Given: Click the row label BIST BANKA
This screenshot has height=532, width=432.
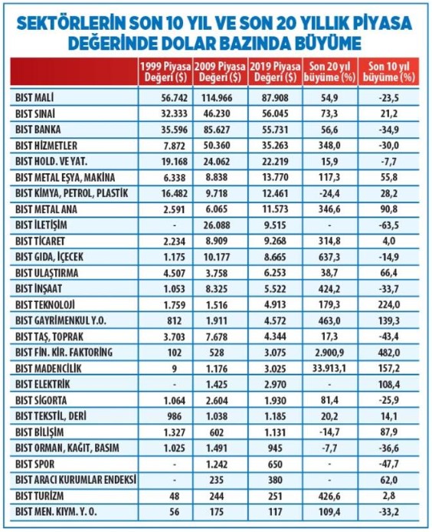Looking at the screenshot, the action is [x=38, y=130].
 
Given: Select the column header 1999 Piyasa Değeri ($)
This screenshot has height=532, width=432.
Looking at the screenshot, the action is [x=165, y=71].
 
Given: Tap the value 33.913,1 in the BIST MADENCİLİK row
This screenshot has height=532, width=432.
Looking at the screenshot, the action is [x=329, y=369].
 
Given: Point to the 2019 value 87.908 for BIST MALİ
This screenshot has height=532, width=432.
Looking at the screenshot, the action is [x=275, y=98].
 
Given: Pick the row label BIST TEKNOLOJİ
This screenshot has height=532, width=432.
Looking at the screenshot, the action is [x=45, y=305].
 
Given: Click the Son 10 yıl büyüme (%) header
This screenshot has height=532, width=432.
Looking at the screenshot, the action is [x=388, y=71].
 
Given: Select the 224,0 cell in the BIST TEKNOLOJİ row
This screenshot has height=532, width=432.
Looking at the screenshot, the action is [x=388, y=304].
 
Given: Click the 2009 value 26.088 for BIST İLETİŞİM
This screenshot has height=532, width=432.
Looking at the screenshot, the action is [x=217, y=225].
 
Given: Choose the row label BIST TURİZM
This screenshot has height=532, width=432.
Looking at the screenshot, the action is [x=39, y=496].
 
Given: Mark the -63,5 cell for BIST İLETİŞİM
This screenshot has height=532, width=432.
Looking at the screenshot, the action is [x=388, y=225].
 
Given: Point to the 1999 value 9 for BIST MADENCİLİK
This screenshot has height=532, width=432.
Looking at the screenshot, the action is [x=175, y=369].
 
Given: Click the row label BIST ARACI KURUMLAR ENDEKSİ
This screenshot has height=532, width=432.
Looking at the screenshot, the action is [x=76, y=480].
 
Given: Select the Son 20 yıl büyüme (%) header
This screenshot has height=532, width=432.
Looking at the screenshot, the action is [x=329, y=71].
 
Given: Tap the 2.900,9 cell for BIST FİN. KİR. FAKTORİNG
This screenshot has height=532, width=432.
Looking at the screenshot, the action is [x=329, y=353].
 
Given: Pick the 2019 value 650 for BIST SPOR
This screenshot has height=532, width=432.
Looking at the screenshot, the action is [x=275, y=464].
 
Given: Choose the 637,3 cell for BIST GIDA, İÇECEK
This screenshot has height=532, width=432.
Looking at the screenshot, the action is [x=329, y=257].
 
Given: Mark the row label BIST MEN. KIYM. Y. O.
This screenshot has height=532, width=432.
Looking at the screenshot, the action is [x=56, y=512].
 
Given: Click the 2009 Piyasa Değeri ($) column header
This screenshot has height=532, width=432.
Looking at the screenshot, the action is [x=220, y=71].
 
